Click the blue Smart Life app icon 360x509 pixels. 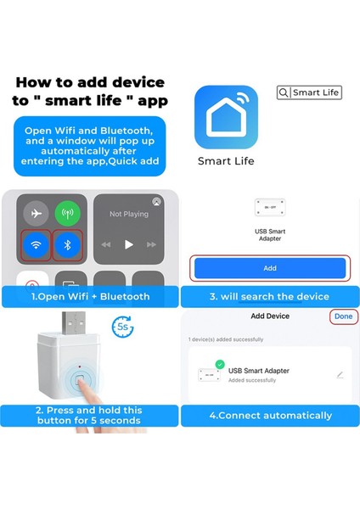(x=226, y=116)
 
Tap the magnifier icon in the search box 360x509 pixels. (x=284, y=92)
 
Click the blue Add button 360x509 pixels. (x=269, y=268)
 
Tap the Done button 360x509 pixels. (x=343, y=316)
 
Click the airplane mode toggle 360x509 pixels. (x=36, y=213)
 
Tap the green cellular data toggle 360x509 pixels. (x=67, y=213)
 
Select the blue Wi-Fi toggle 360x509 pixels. (x=36, y=245)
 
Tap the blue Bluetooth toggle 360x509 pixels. (x=67, y=245)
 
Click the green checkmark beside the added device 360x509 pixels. (x=219, y=365)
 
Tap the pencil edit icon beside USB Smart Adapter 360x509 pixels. (x=340, y=374)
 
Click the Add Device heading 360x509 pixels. (x=269, y=316)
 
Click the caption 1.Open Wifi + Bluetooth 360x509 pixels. (x=89, y=297)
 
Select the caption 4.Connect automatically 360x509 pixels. (x=269, y=416)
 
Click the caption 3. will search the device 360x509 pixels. (x=269, y=297)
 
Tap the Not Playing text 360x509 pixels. (x=128, y=214)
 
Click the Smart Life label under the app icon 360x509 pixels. (x=226, y=160)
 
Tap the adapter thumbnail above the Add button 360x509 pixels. (x=269, y=207)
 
